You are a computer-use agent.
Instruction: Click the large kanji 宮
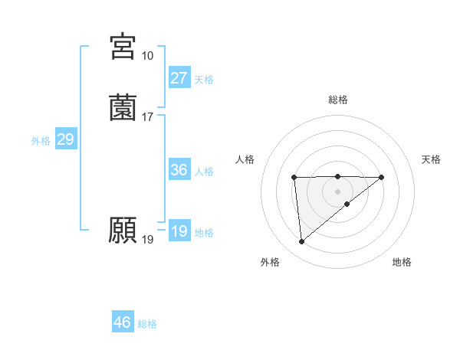click(x=123, y=47)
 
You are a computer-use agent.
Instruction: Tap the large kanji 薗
click(x=123, y=108)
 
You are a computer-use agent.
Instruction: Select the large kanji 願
click(x=123, y=229)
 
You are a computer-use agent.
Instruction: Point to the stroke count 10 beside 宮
click(x=147, y=56)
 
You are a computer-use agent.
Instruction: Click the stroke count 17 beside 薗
click(x=147, y=117)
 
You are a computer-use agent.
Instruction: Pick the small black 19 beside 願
click(x=147, y=240)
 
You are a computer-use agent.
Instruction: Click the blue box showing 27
click(x=179, y=78)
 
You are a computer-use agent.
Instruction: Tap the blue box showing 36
click(x=179, y=170)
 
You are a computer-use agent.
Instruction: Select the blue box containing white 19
click(x=179, y=231)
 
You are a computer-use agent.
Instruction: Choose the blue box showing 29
click(x=65, y=139)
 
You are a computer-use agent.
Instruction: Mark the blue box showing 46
click(x=123, y=322)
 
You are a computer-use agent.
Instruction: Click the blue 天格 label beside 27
click(x=204, y=80)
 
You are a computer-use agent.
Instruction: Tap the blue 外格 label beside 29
click(x=41, y=141)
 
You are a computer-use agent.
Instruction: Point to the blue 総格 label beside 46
click(x=147, y=324)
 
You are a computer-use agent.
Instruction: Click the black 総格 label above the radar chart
click(x=338, y=100)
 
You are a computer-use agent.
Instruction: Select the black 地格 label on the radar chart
click(x=402, y=262)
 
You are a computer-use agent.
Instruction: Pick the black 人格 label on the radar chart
click(x=245, y=159)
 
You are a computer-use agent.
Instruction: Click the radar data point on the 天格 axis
click(x=382, y=177)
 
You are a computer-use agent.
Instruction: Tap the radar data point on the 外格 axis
click(x=302, y=242)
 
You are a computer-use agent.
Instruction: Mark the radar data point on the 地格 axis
click(x=347, y=204)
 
